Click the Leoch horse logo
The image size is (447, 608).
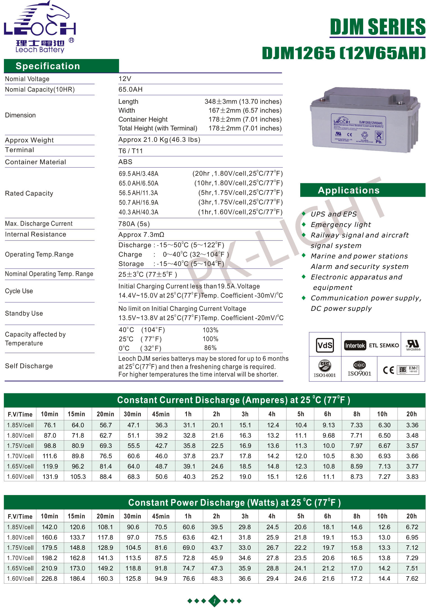[40, 27]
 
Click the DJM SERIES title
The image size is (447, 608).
[377, 27]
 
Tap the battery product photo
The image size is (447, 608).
[365, 120]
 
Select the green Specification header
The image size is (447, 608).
[61, 66]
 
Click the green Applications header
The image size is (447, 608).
[363, 190]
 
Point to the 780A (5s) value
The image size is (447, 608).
[134, 224]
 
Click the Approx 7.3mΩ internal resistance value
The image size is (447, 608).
[141, 235]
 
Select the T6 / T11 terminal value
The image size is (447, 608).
[130, 151]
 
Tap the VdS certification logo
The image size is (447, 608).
[325, 345]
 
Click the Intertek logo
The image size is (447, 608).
[355, 345]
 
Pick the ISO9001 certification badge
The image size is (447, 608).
[359, 369]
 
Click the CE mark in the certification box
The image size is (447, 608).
[389, 370]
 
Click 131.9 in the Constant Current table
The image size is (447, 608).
[50, 477]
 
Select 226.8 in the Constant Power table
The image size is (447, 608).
[49, 578]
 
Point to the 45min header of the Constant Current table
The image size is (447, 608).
[161, 414]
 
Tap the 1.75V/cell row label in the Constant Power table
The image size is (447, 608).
[20, 548]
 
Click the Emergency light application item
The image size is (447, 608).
[341, 224]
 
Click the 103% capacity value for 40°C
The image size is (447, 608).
[210, 330]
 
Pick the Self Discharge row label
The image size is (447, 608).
[29, 366]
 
